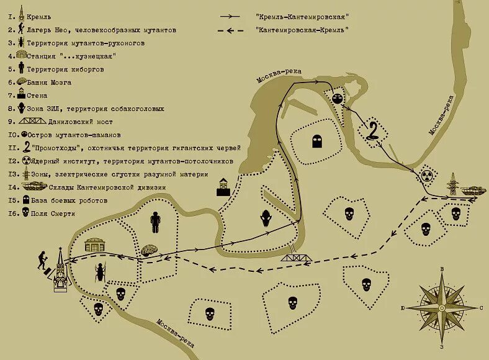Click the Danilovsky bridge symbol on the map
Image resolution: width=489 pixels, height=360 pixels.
[297, 257]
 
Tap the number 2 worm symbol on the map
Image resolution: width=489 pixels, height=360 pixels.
[374, 131]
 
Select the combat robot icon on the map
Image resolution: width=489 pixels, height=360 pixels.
[316, 142]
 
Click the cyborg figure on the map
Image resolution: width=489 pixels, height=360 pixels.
[155, 222]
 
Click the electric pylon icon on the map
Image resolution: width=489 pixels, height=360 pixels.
[452, 184]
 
